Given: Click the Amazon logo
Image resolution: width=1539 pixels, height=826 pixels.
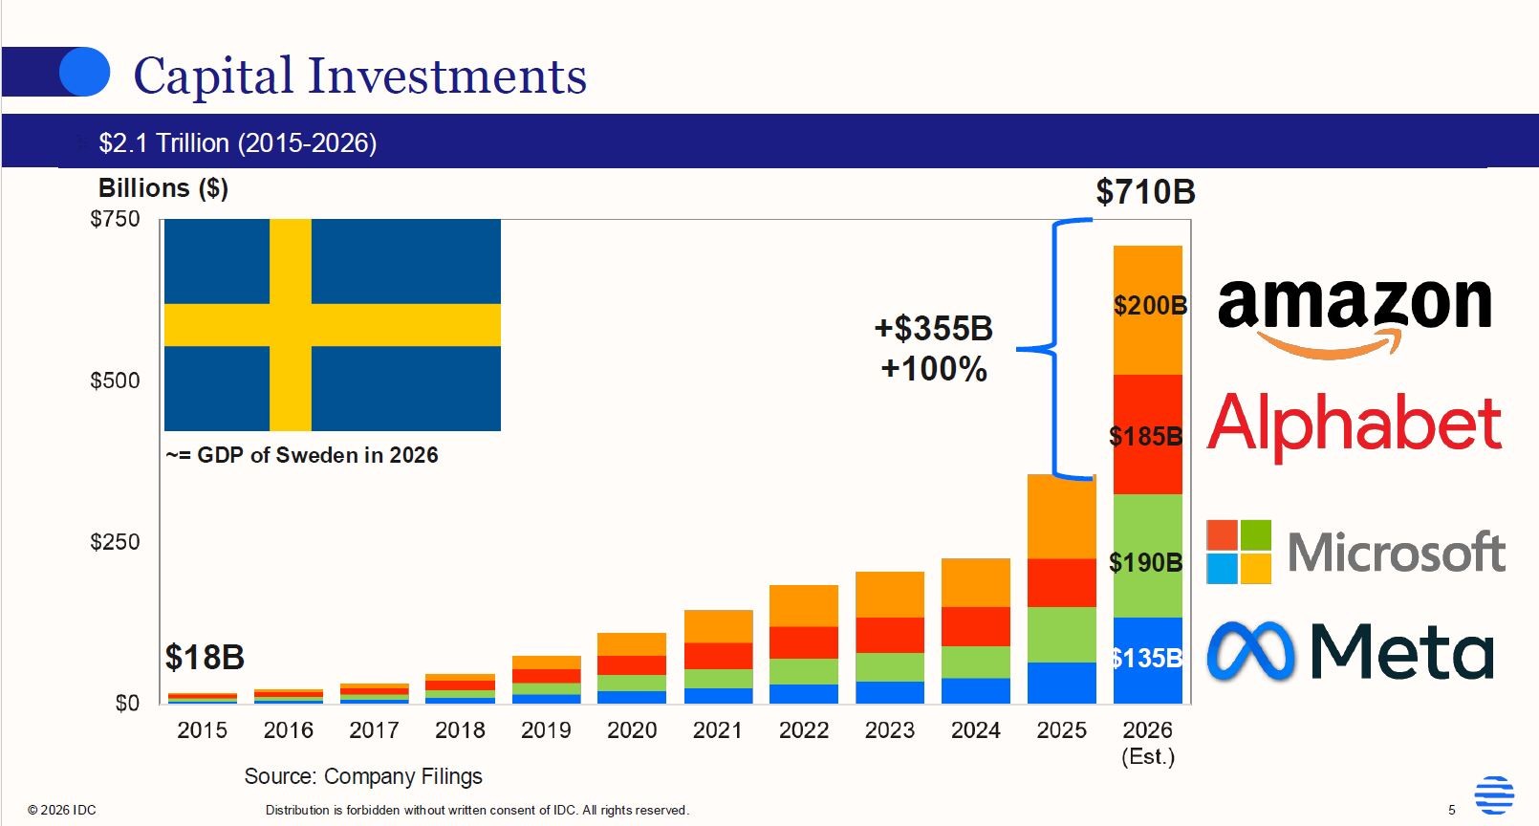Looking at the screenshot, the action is tap(1354, 317).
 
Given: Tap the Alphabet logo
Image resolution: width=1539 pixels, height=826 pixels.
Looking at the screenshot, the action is tap(1354, 426).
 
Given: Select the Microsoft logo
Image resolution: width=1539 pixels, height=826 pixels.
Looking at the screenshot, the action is tap(1355, 552).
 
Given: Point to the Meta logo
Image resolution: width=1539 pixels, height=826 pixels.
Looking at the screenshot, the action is tap(1351, 651).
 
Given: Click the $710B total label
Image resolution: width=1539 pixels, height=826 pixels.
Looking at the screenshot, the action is tap(1145, 192).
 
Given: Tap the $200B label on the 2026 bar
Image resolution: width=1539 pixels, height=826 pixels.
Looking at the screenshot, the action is tap(1150, 305).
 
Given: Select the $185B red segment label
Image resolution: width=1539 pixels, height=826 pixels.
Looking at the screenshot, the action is tap(1146, 436).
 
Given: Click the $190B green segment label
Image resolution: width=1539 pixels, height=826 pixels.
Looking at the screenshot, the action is tap(1146, 563).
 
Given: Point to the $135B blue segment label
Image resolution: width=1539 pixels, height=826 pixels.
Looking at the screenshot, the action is tap(1147, 659).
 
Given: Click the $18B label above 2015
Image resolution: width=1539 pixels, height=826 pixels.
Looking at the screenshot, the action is tap(205, 657).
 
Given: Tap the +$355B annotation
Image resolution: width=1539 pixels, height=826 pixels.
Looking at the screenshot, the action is tap(933, 329).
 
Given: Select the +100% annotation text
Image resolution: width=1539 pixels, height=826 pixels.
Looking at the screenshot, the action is tap(934, 369).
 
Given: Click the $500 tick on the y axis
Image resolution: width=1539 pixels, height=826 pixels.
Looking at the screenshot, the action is tap(115, 380).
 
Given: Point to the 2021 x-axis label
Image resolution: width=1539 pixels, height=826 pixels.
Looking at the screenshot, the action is tap(717, 729).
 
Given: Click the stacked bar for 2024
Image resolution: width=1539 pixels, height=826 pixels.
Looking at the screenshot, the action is tap(976, 631).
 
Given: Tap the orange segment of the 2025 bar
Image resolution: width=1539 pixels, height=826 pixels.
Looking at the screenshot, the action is tap(1061, 517).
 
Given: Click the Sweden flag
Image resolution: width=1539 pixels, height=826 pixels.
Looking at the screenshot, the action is tap(333, 325).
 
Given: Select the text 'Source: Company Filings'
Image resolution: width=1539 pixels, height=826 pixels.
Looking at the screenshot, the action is tap(363, 776).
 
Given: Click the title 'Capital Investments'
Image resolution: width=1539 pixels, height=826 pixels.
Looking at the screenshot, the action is tap(360, 76).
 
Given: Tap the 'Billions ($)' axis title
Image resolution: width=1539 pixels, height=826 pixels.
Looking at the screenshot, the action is tap(163, 187).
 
